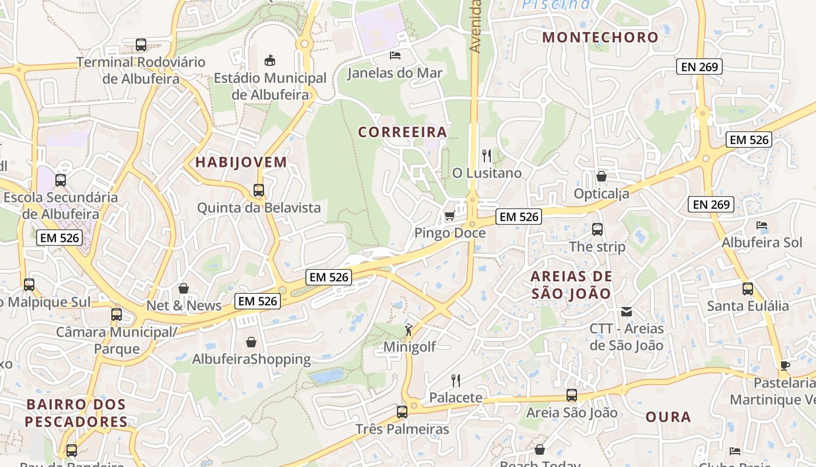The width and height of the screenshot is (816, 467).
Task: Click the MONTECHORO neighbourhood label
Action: (x=600, y=37)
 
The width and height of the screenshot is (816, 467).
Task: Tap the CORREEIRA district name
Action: (x=403, y=132)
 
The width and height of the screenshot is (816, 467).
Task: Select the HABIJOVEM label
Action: (x=241, y=162)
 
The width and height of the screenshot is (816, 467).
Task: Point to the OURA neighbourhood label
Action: (x=668, y=417)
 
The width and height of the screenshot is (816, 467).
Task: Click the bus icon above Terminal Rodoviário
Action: (x=140, y=44)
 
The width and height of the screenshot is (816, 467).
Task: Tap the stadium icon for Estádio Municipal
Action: (x=269, y=60)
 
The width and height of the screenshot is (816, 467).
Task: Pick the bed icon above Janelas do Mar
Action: (x=395, y=55)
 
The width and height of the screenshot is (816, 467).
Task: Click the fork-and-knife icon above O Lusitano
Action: (x=487, y=155)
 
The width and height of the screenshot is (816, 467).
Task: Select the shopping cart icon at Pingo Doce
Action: (x=449, y=216)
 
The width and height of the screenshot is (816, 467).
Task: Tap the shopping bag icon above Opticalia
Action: (x=602, y=176)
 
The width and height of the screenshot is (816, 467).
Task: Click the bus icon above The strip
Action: (x=597, y=229)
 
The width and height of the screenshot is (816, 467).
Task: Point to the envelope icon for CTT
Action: (x=627, y=311)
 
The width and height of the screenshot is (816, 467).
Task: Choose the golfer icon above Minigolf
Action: (x=409, y=329)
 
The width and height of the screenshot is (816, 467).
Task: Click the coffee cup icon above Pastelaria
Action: (x=785, y=365)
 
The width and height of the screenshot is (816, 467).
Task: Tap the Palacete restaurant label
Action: (x=456, y=398)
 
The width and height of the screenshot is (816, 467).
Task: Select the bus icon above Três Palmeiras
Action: (x=402, y=412)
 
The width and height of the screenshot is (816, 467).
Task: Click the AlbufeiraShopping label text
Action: (x=251, y=359)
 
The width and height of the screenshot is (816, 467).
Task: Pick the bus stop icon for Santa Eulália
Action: (x=748, y=288)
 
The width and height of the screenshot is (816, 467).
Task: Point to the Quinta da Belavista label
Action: (x=259, y=207)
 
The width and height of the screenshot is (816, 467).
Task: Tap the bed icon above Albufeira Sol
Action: (x=762, y=225)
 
